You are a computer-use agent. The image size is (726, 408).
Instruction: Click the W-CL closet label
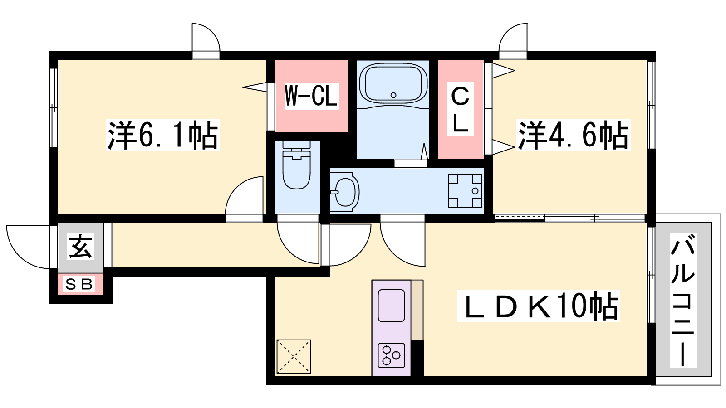click(x=311, y=96)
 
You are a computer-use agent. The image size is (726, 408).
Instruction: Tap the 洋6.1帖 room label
click(x=163, y=135)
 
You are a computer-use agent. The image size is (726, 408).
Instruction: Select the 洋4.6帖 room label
click(x=573, y=135)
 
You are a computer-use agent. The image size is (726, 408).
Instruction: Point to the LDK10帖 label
click(x=539, y=306)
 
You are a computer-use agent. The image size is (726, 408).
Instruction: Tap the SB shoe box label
click(x=79, y=284)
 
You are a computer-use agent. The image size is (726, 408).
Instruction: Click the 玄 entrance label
click(x=80, y=246)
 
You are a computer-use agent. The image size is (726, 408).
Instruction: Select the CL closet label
click(x=460, y=109)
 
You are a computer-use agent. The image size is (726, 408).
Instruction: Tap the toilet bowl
click(x=297, y=165)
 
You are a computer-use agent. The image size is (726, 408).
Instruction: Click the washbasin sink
click(x=345, y=192)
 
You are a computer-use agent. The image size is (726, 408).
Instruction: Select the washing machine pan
click(x=465, y=191)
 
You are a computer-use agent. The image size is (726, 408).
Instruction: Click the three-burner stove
click(x=391, y=355)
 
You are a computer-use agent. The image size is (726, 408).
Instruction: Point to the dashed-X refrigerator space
click(x=294, y=356)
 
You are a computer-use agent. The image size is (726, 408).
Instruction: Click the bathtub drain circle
click(x=393, y=95)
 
